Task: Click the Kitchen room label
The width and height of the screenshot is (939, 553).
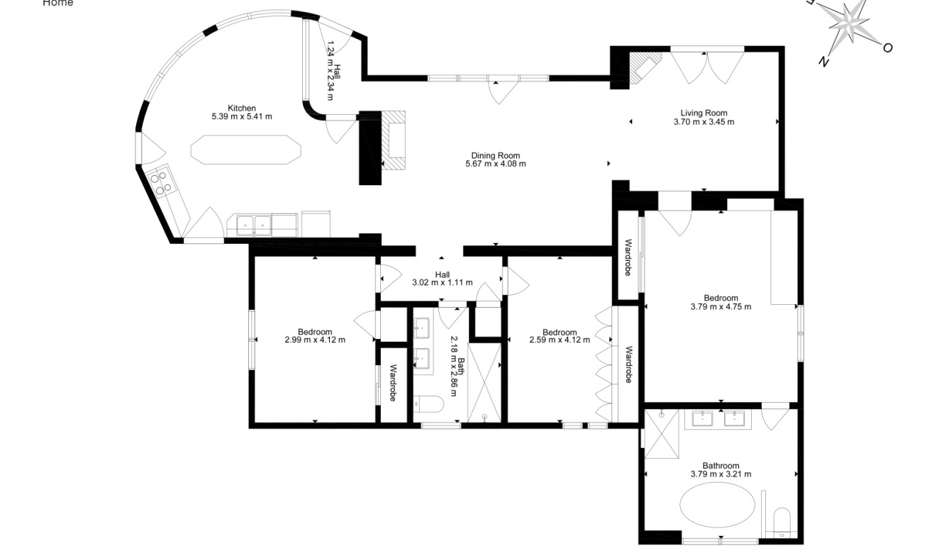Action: tap(241, 108)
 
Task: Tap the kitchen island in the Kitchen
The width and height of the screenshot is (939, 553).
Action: tap(245, 150)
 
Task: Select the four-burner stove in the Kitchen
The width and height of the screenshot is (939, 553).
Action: tap(162, 181)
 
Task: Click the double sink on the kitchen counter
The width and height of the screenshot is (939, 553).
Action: tap(254, 225)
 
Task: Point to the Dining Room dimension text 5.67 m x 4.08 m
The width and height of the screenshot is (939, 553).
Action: tap(496, 164)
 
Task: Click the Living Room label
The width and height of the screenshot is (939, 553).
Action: tap(704, 113)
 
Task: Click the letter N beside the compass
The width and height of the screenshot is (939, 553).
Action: tap(823, 61)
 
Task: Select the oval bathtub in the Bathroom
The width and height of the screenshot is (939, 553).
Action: tap(717, 505)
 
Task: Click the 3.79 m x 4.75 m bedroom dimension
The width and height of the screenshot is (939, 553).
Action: tap(721, 307)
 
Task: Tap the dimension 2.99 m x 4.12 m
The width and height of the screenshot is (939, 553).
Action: tap(315, 340)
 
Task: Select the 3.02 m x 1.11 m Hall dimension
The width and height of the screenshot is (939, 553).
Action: tap(443, 282)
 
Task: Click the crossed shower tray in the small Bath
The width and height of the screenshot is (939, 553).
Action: tap(484, 383)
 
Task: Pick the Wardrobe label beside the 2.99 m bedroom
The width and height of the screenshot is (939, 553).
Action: tap(393, 383)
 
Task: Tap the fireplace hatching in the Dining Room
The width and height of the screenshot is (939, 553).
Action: tap(393, 140)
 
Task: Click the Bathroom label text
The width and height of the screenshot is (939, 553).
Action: tap(721, 465)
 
